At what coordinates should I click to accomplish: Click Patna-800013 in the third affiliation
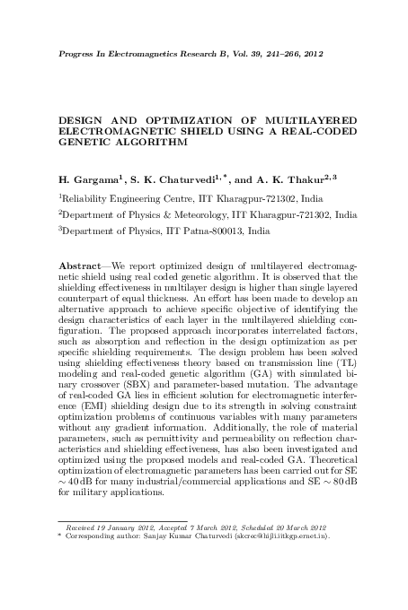tap(200, 231)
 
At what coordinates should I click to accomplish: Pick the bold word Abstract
tap(79, 268)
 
